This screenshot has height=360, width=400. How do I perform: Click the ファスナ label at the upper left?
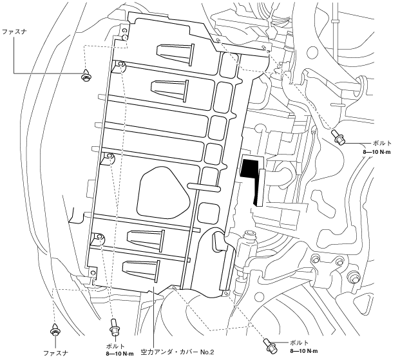point(14,30)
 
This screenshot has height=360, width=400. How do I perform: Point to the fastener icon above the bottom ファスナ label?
point(55,331)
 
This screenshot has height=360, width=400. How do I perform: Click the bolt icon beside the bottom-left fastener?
point(114,328)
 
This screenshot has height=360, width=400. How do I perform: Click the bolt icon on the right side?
point(339,137)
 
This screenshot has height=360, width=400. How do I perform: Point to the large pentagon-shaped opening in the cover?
point(164,191)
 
